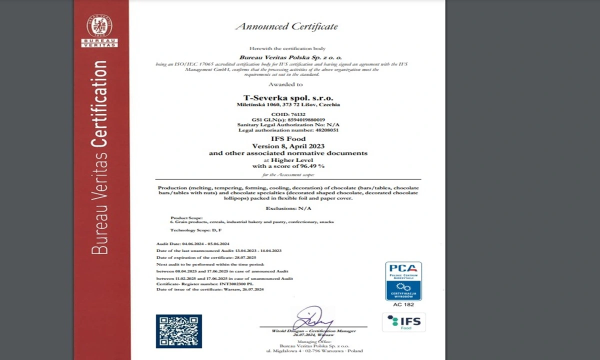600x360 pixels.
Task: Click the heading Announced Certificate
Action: [x=286, y=26]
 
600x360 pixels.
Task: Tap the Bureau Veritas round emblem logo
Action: [x=99, y=26]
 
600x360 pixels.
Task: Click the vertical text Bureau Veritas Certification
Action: [x=100, y=157]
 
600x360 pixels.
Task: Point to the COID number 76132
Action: [x=298, y=114]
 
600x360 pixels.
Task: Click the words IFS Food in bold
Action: [x=288, y=138]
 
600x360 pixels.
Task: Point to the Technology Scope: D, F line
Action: [x=195, y=230]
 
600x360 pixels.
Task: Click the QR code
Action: [x=179, y=331]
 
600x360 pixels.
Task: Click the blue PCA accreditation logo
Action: [x=403, y=281]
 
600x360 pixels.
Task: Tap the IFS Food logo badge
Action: [x=404, y=322]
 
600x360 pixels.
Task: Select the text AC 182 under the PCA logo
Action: [x=403, y=304]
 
